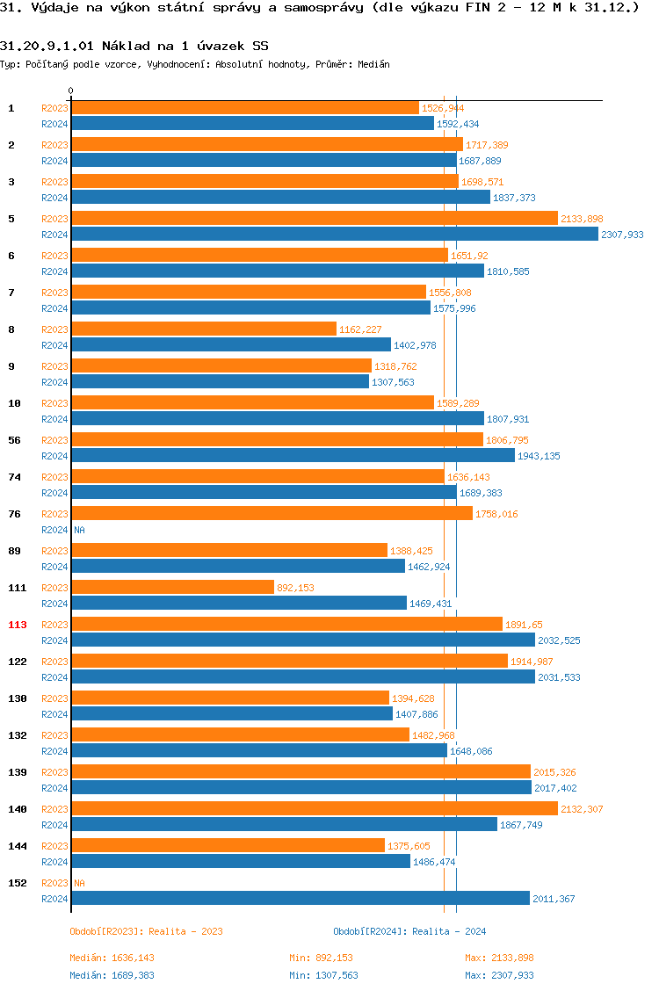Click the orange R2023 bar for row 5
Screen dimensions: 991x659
(x=315, y=218)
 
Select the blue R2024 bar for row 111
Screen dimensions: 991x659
(x=239, y=603)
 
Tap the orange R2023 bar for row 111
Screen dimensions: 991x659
(x=173, y=587)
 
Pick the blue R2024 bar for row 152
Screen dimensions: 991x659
(x=301, y=898)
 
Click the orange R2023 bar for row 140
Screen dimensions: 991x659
(x=315, y=808)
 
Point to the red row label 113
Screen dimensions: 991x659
(x=18, y=625)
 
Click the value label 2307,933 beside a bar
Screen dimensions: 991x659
(x=622, y=235)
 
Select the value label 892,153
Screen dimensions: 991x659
(x=295, y=588)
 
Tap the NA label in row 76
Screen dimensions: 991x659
(x=79, y=530)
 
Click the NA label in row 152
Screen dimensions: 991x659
(x=79, y=883)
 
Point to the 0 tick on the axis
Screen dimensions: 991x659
(x=71, y=90)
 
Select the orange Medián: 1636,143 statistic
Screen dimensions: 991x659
(x=112, y=958)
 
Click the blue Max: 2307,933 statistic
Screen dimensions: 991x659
(x=499, y=975)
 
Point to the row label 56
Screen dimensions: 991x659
(x=14, y=440)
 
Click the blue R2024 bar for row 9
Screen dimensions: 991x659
(x=221, y=381)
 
